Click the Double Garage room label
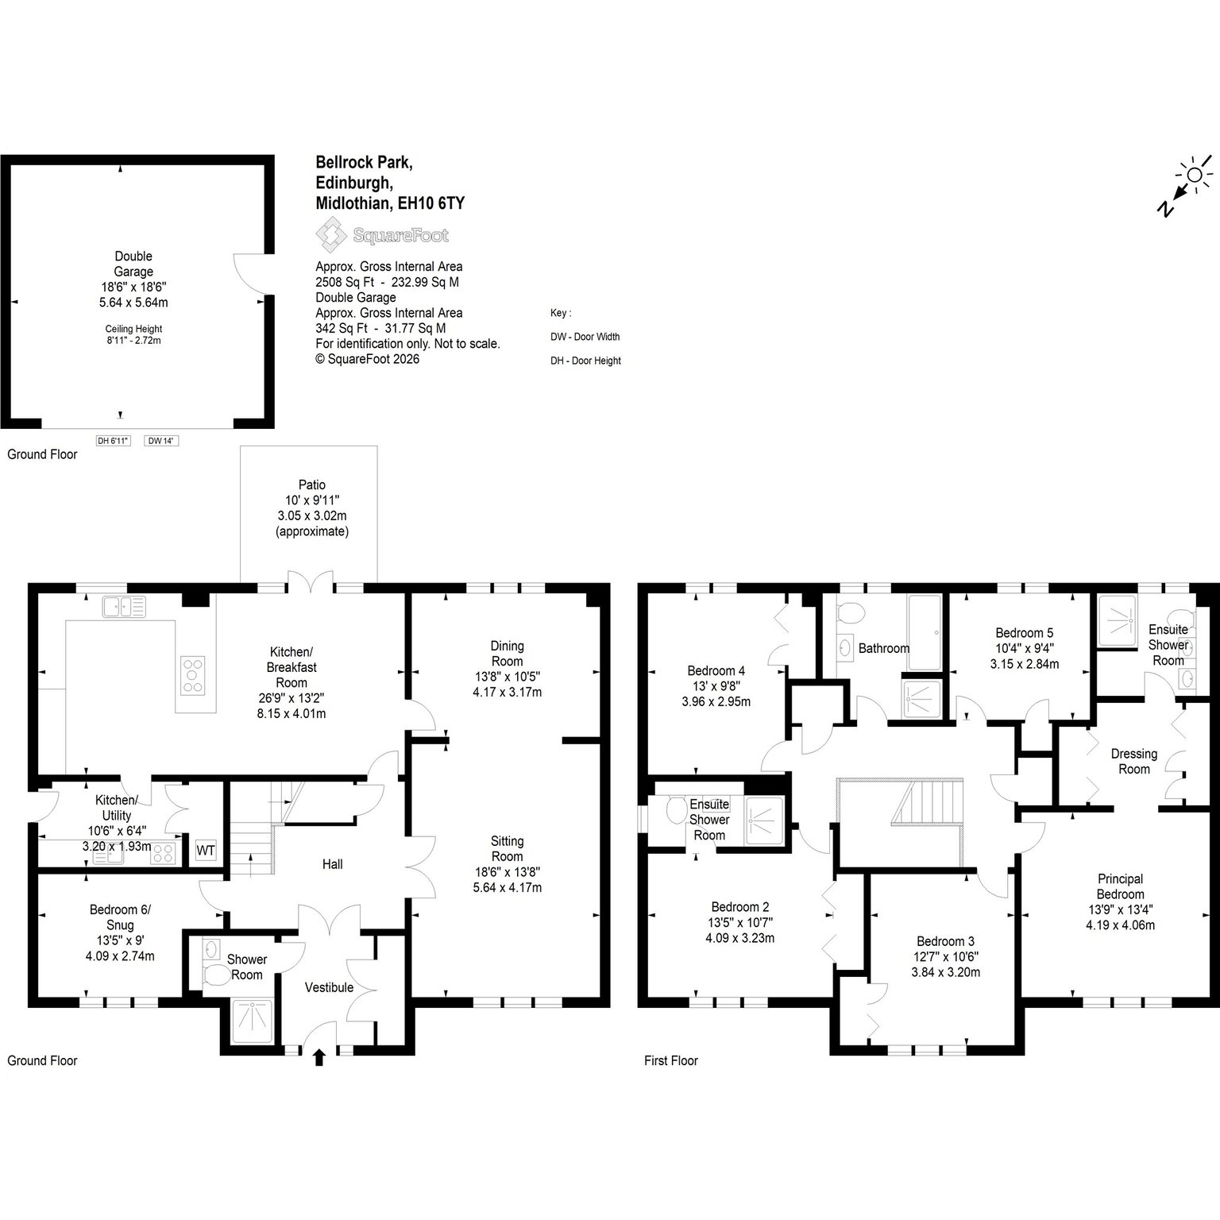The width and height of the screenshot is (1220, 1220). point(133,264)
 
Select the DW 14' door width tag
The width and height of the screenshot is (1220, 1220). point(161,441)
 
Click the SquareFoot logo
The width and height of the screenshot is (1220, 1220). point(382,235)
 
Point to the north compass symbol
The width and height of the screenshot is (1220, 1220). point(1185,186)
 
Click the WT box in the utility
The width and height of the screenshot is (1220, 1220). point(206,850)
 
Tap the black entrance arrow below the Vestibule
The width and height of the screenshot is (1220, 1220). point(319,1056)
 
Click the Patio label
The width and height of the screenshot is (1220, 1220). point(312,485)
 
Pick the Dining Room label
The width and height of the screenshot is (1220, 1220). point(508,654)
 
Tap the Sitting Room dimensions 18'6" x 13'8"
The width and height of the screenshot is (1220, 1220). point(508,871)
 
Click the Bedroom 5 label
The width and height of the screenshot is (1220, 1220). point(1025,633)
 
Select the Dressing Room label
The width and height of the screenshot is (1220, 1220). point(1134,761)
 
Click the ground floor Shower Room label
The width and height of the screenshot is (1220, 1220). point(247,967)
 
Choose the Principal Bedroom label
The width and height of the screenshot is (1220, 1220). point(1121,886)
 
